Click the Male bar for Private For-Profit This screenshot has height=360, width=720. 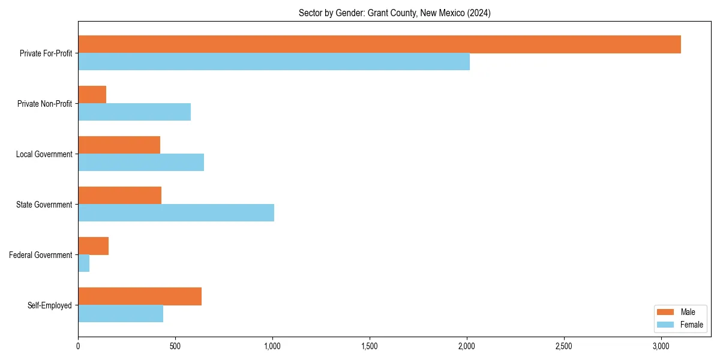click(379, 44)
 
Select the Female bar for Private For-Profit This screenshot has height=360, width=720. click(274, 62)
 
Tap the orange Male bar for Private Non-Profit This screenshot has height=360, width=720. click(92, 95)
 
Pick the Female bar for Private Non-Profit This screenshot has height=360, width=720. click(134, 112)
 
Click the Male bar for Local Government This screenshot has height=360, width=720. click(119, 145)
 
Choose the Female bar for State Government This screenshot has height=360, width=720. click(176, 213)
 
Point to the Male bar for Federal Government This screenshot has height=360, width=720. click(93, 246)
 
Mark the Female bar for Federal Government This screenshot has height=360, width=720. click(83, 263)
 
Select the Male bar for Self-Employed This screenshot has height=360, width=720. click(140, 296)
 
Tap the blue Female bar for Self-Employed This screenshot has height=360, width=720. click(121, 314)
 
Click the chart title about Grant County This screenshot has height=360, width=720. click(394, 13)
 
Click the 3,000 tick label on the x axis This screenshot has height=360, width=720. click(661, 346)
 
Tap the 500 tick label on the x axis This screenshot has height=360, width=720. click(175, 346)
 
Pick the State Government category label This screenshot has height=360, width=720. click(44, 205)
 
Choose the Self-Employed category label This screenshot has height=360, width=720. click(49, 305)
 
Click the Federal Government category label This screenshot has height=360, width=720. click(41, 255)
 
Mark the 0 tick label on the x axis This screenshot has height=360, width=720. click(78, 346)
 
